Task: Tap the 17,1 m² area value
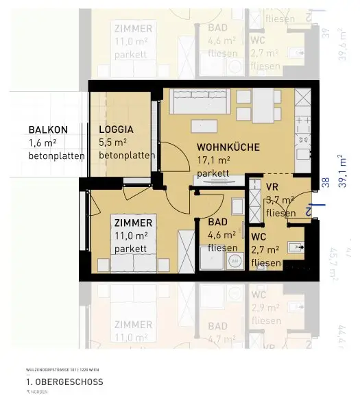213,160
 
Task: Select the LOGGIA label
116,129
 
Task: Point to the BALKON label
47,129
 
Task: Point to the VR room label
272,186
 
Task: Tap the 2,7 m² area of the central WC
265,249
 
